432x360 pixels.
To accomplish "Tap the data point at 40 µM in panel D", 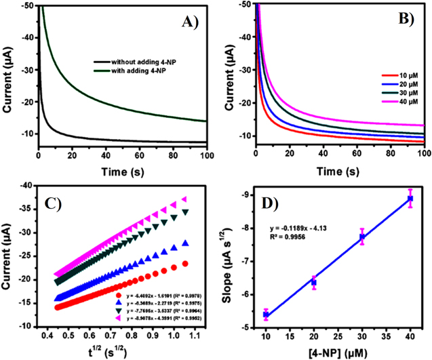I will coord(410,199).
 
